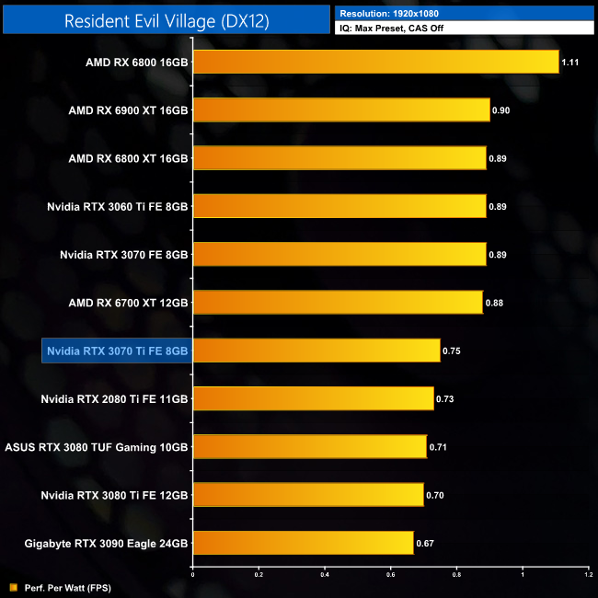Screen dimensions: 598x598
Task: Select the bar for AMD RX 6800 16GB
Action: (x=375, y=62)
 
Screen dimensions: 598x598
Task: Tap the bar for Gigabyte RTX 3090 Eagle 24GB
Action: (x=303, y=542)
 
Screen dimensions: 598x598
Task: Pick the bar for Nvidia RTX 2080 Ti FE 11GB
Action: (x=313, y=398)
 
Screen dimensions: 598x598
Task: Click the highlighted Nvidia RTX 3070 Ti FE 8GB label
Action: (x=116, y=351)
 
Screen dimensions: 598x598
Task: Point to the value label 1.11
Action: (x=571, y=63)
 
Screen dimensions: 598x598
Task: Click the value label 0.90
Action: (x=501, y=110)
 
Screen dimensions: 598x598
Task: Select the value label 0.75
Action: (x=451, y=351)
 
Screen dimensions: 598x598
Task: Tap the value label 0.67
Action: (x=424, y=543)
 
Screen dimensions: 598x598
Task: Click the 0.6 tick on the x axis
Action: (x=391, y=575)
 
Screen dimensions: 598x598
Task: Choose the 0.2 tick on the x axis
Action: (x=259, y=575)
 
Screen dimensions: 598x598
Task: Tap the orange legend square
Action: (x=12, y=587)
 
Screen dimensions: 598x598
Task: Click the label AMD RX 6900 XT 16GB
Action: (x=128, y=110)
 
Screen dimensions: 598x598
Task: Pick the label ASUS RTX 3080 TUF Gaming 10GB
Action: (x=97, y=446)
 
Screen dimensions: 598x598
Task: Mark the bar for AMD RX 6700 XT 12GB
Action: (x=338, y=302)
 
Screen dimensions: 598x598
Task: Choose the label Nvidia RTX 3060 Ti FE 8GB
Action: (x=118, y=206)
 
